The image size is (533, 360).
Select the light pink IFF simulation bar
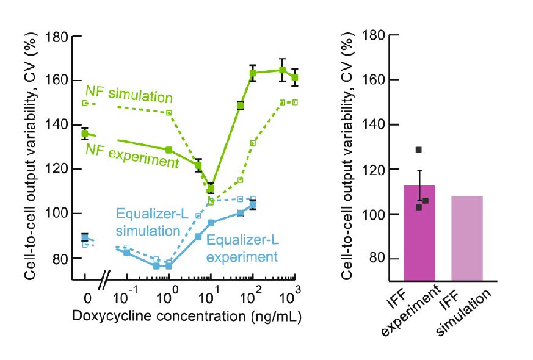(x=466, y=238)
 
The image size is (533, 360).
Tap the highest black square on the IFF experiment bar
(x=419, y=150)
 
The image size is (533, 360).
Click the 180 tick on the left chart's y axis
(x=59, y=36)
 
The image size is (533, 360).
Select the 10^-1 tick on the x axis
(x=126, y=299)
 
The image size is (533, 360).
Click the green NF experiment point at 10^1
(x=211, y=189)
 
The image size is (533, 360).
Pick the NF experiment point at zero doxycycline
(x=85, y=134)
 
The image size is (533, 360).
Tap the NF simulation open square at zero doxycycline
(x=85, y=103)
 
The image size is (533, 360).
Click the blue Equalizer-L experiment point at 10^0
(x=169, y=266)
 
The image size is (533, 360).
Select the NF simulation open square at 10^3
(x=295, y=103)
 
